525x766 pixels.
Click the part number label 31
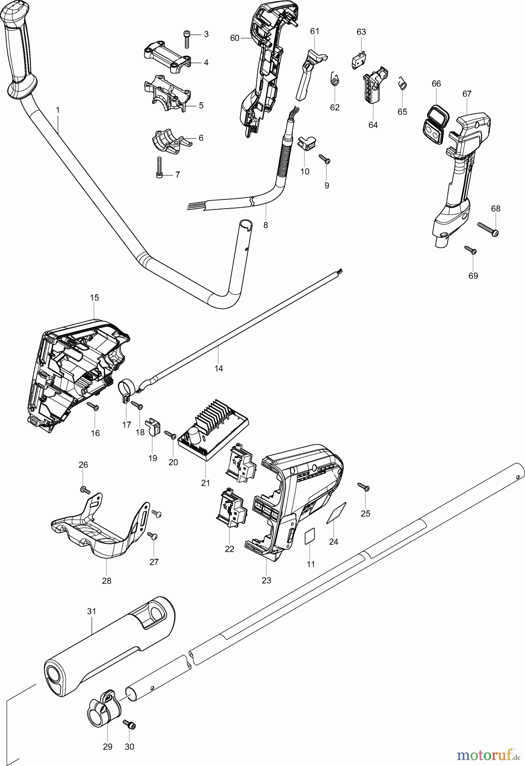pyautogui.click(x=92, y=611)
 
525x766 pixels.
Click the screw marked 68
pyautogui.click(x=488, y=229)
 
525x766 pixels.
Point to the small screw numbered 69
pyautogui.click(x=470, y=250)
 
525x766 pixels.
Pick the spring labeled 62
pyautogui.click(x=335, y=78)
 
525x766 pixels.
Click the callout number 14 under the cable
pyautogui.click(x=219, y=369)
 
